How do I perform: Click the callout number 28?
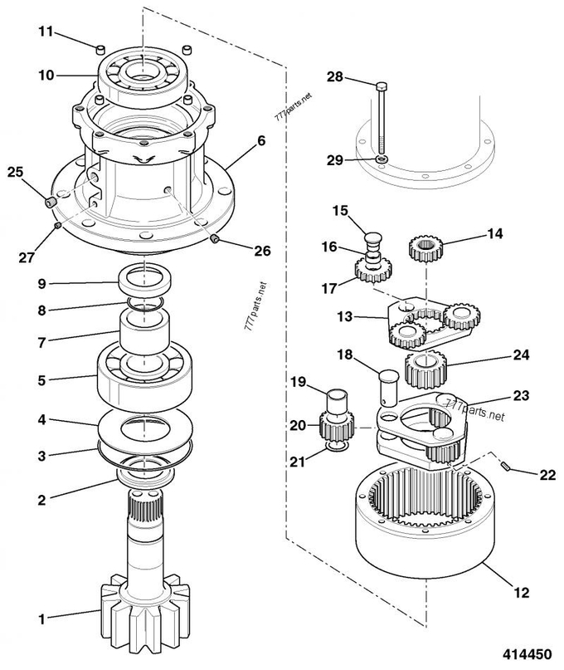335,77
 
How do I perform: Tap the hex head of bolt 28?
382,86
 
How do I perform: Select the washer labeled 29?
382,159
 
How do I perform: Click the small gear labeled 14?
425,249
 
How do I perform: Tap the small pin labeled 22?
508,467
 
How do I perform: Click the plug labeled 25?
51,202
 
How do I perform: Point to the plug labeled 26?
215,239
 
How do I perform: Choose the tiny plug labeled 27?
58,225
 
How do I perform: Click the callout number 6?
261,140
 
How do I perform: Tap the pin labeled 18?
388,387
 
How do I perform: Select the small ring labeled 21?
334,447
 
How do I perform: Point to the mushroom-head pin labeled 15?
373,238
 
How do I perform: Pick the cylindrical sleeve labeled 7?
145,333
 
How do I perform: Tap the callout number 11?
46,32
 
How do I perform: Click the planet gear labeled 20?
337,427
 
